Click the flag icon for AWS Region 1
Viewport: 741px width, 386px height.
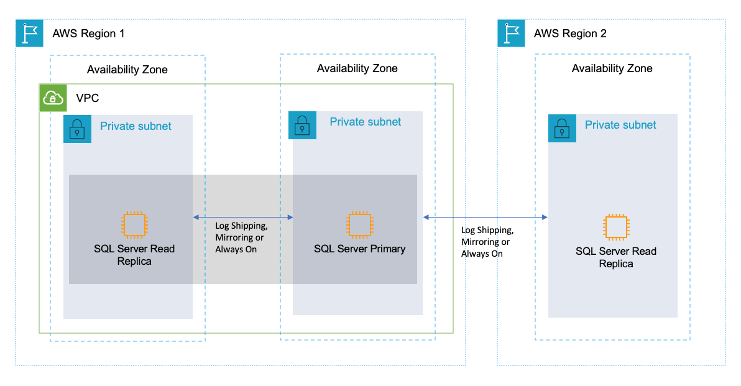pyautogui.click(x=29, y=33)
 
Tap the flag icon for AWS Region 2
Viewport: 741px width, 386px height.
pyautogui.click(x=511, y=33)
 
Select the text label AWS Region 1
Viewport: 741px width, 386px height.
pyautogui.click(x=88, y=34)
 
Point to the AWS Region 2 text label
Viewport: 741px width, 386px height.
pyautogui.click(x=570, y=34)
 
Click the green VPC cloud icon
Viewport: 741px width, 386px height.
pyautogui.click(x=53, y=98)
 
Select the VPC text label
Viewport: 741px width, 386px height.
pyautogui.click(x=87, y=98)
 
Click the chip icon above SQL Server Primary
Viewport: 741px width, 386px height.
pyautogui.click(x=359, y=225)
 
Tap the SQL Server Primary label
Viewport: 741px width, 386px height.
pyautogui.click(x=359, y=249)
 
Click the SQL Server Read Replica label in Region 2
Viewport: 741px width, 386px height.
pyautogui.click(x=615, y=257)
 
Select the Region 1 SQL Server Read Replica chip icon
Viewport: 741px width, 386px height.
pyautogui.click(x=134, y=225)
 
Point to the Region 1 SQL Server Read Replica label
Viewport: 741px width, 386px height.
pyautogui.click(x=134, y=255)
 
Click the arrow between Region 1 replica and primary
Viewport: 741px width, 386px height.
pyautogui.click(x=243, y=217)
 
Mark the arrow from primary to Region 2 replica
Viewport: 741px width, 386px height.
pyautogui.click(x=485, y=217)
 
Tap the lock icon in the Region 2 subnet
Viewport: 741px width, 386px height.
pyautogui.click(x=562, y=129)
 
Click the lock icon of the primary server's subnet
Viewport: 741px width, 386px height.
pyautogui.click(x=302, y=125)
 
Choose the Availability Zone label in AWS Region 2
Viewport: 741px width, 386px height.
pyautogui.click(x=612, y=68)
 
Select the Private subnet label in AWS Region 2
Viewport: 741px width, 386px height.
pyautogui.click(x=620, y=125)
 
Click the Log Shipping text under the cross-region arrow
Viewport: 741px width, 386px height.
pyautogui.click(x=487, y=230)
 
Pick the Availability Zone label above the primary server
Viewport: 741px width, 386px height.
pyautogui.click(x=357, y=68)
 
